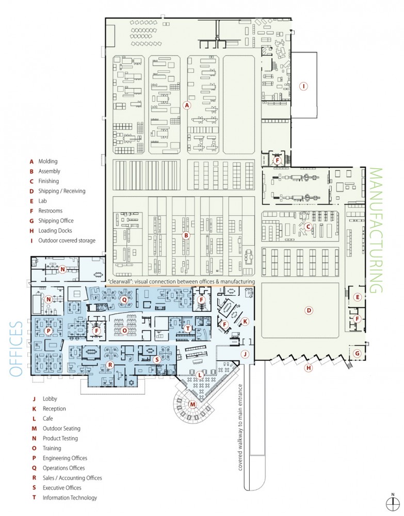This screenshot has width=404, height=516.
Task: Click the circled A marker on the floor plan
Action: pyautogui.click(x=187, y=105)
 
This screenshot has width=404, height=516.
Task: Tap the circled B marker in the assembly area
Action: pyautogui.click(x=186, y=235)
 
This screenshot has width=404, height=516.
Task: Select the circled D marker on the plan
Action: pyautogui.click(x=309, y=310)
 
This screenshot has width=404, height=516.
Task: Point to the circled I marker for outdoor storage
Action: pyautogui.click(x=303, y=87)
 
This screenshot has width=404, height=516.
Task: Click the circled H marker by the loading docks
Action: pyautogui.click(x=308, y=368)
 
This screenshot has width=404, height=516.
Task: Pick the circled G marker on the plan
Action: pyautogui.click(x=357, y=354)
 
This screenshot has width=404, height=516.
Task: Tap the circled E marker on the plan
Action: pyautogui.click(x=357, y=297)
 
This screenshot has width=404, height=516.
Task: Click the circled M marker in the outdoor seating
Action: pyautogui.click(x=192, y=404)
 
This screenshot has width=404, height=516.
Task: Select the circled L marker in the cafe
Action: pyautogui.click(x=200, y=375)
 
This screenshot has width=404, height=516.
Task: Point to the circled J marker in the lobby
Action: pyautogui.click(x=245, y=354)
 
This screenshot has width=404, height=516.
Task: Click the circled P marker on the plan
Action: pyautogui.click(x=49, y=331)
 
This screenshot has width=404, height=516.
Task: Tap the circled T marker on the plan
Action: pyautogui.click(x=187, y=328)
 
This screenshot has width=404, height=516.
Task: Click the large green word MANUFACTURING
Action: pyautogui.click(x=376, y=230)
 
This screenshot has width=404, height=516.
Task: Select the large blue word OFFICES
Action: pyautogui.click(x=16, y=349)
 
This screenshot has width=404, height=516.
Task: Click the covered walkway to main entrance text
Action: pyautogui.click(x=240, y=427)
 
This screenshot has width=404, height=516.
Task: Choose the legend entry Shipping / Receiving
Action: pyautogui.click(x=62, y=191)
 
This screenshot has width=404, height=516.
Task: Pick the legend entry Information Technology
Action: pyautogui.click(x=70, y=497)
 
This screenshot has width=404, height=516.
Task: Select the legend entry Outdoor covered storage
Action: pyautogui.click(x=67, y=240)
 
